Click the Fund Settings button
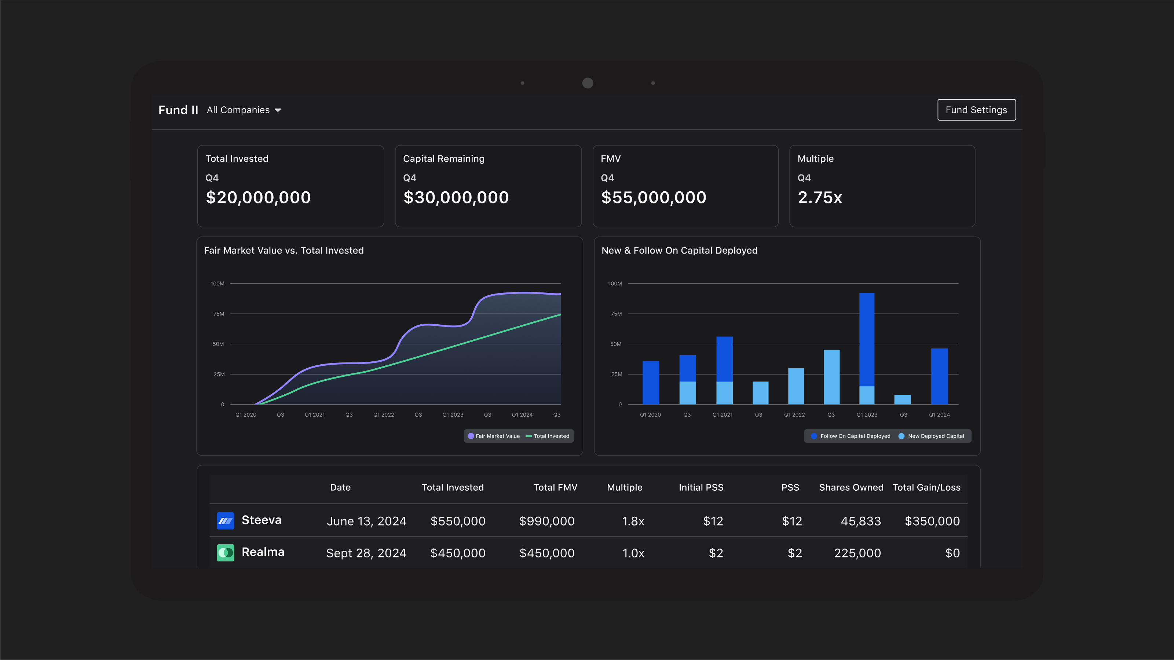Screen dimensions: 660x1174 976,110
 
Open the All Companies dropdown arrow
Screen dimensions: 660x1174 278,110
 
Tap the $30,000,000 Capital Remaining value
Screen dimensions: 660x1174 456,197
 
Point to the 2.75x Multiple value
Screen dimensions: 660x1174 819,197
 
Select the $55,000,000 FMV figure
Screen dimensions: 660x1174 653,197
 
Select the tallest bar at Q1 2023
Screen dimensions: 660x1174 866,339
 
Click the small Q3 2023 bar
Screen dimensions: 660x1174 902,399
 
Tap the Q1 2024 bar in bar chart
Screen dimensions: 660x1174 939,376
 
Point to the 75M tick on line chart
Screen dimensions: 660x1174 219,314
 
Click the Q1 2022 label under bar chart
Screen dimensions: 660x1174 794,414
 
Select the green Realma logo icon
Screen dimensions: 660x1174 225,553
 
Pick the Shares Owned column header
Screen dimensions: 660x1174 851,487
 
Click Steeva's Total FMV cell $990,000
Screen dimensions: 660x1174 546,521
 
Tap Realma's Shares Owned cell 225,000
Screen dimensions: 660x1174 857,553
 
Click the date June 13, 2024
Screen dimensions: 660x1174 366,521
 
